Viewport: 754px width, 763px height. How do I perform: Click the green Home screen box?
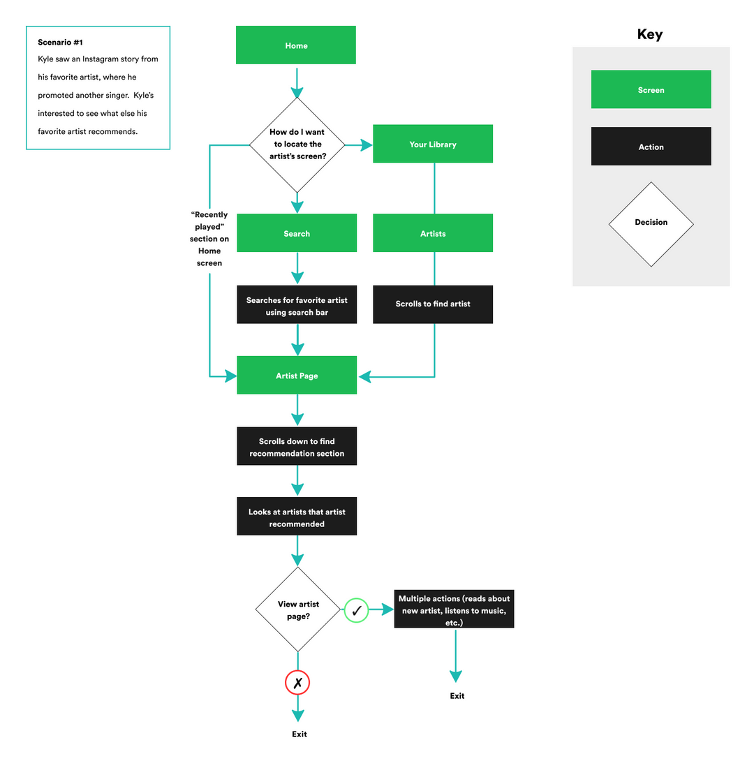point(296,45)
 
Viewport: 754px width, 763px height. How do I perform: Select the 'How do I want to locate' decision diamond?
point(297,145)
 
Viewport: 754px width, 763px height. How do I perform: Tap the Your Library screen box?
point(433,145)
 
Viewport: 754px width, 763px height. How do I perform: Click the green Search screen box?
point(297,233)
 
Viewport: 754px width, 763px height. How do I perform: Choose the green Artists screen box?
point(433,233)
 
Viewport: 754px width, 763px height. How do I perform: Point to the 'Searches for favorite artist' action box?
point(297,306)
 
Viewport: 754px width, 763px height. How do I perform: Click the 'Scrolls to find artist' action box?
point(433,304)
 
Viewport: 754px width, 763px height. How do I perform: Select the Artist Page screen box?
point(297,376)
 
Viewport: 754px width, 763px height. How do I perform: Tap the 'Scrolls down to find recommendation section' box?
point(297,447)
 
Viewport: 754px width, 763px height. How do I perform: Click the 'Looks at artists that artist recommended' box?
point(297,517)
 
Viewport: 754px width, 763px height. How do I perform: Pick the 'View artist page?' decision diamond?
point(298,609)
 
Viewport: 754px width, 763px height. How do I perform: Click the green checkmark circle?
point(356,611)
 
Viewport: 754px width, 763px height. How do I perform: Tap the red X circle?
point(297,683)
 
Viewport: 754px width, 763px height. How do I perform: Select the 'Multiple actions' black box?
point(454,609)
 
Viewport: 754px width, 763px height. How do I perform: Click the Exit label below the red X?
point(299,734)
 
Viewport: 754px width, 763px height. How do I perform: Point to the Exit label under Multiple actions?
point(457,696)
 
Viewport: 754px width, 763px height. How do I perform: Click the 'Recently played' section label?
point(209,239)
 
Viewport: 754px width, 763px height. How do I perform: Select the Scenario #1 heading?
point(60,43)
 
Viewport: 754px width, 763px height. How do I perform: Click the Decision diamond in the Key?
point(651,223)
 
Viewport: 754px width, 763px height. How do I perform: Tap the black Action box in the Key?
point(651,147)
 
